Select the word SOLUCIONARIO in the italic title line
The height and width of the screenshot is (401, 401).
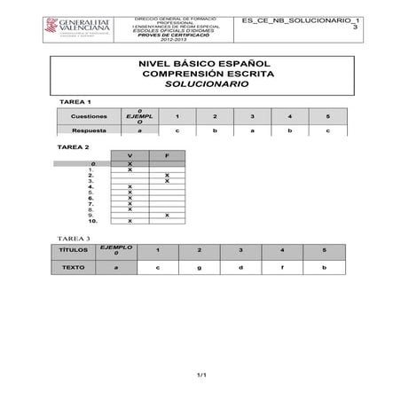point(200,84)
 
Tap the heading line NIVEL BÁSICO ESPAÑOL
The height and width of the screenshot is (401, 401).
point(200,64)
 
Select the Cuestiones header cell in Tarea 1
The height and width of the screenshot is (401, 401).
point(89,116)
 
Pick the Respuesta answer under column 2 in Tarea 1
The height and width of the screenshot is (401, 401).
point(215,130)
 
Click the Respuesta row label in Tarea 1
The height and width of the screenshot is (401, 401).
point(89,130)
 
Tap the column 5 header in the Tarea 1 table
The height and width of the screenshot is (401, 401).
point(327,116)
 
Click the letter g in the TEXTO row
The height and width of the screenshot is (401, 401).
point(199,267)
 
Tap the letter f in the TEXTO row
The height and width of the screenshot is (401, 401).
point(281,267)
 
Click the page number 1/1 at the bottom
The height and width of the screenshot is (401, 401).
point(200,375)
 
